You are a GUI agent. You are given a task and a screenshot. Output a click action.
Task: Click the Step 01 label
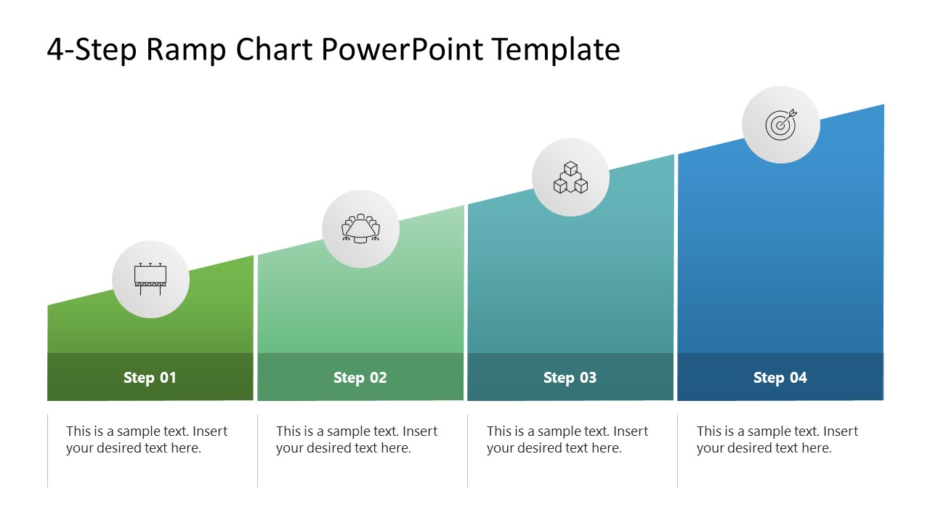(x=150, y=378)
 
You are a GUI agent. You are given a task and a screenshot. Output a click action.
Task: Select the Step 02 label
(x=360, y=378)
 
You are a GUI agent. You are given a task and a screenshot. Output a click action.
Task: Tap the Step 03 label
(x=570, y=378)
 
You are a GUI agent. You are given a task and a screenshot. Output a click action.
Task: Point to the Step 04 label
(x=780, y=378)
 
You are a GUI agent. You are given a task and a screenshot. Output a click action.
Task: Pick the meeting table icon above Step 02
(x=360, y=229)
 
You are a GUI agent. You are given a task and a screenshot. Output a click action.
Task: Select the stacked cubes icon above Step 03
(x=570, y=177)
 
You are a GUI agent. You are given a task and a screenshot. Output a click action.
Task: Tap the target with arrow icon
(x=781, y=124)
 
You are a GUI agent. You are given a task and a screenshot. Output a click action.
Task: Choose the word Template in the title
(x=556, y=50)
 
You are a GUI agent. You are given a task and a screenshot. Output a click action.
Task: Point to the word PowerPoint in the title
(x=402, y=50)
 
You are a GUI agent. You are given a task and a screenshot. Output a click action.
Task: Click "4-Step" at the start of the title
(x=92, y=50)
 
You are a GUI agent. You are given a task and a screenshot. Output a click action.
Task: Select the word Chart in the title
(x=272, y=50)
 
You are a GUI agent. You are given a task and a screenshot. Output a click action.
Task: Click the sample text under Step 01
(x=147, y=439)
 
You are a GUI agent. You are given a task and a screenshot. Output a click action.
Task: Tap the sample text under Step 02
(x=357, y=439)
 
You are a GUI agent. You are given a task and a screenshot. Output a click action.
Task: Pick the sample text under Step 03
(x=567, y=439)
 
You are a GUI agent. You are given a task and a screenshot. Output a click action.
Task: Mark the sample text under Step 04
(x=777, y=439)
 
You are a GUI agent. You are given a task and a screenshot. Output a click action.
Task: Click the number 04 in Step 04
(x=798, y=378)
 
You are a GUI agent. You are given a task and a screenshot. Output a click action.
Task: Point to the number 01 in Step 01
(x=168, y=378)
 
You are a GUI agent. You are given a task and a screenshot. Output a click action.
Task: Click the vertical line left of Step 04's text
(x=678, y=450)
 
